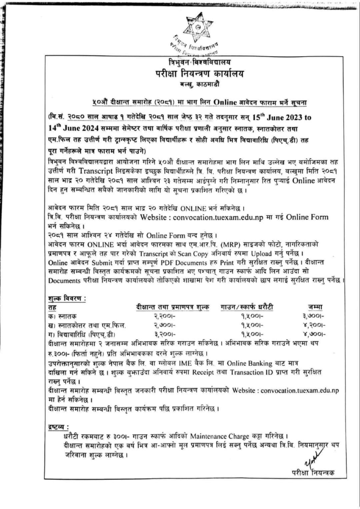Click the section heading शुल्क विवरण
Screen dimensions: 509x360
pyautogui.click(x=65, y=299)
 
